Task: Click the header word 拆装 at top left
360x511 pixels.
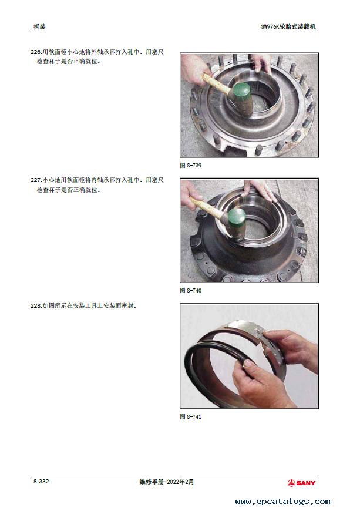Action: [x=39, y=26]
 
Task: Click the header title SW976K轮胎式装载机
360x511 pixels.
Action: [x=288, y=26]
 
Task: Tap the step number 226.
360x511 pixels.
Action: [x=36, y=52]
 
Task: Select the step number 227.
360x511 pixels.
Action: [x=36, y=180]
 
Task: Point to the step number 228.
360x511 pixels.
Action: [x=36, y=305]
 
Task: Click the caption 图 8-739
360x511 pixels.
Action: [x=191, y=166]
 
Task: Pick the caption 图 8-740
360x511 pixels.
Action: [x=191, y=290]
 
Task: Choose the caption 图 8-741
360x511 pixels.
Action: [x=191, y=417]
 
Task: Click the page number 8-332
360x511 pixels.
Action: [x=41, y=482]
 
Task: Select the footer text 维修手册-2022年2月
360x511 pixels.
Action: [x=167, y=482]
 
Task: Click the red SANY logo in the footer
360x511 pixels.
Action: [x=301, y=483]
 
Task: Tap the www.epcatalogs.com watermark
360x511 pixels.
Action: [x=283, y=501]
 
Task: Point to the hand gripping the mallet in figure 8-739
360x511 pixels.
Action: [x=194, y=69]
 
